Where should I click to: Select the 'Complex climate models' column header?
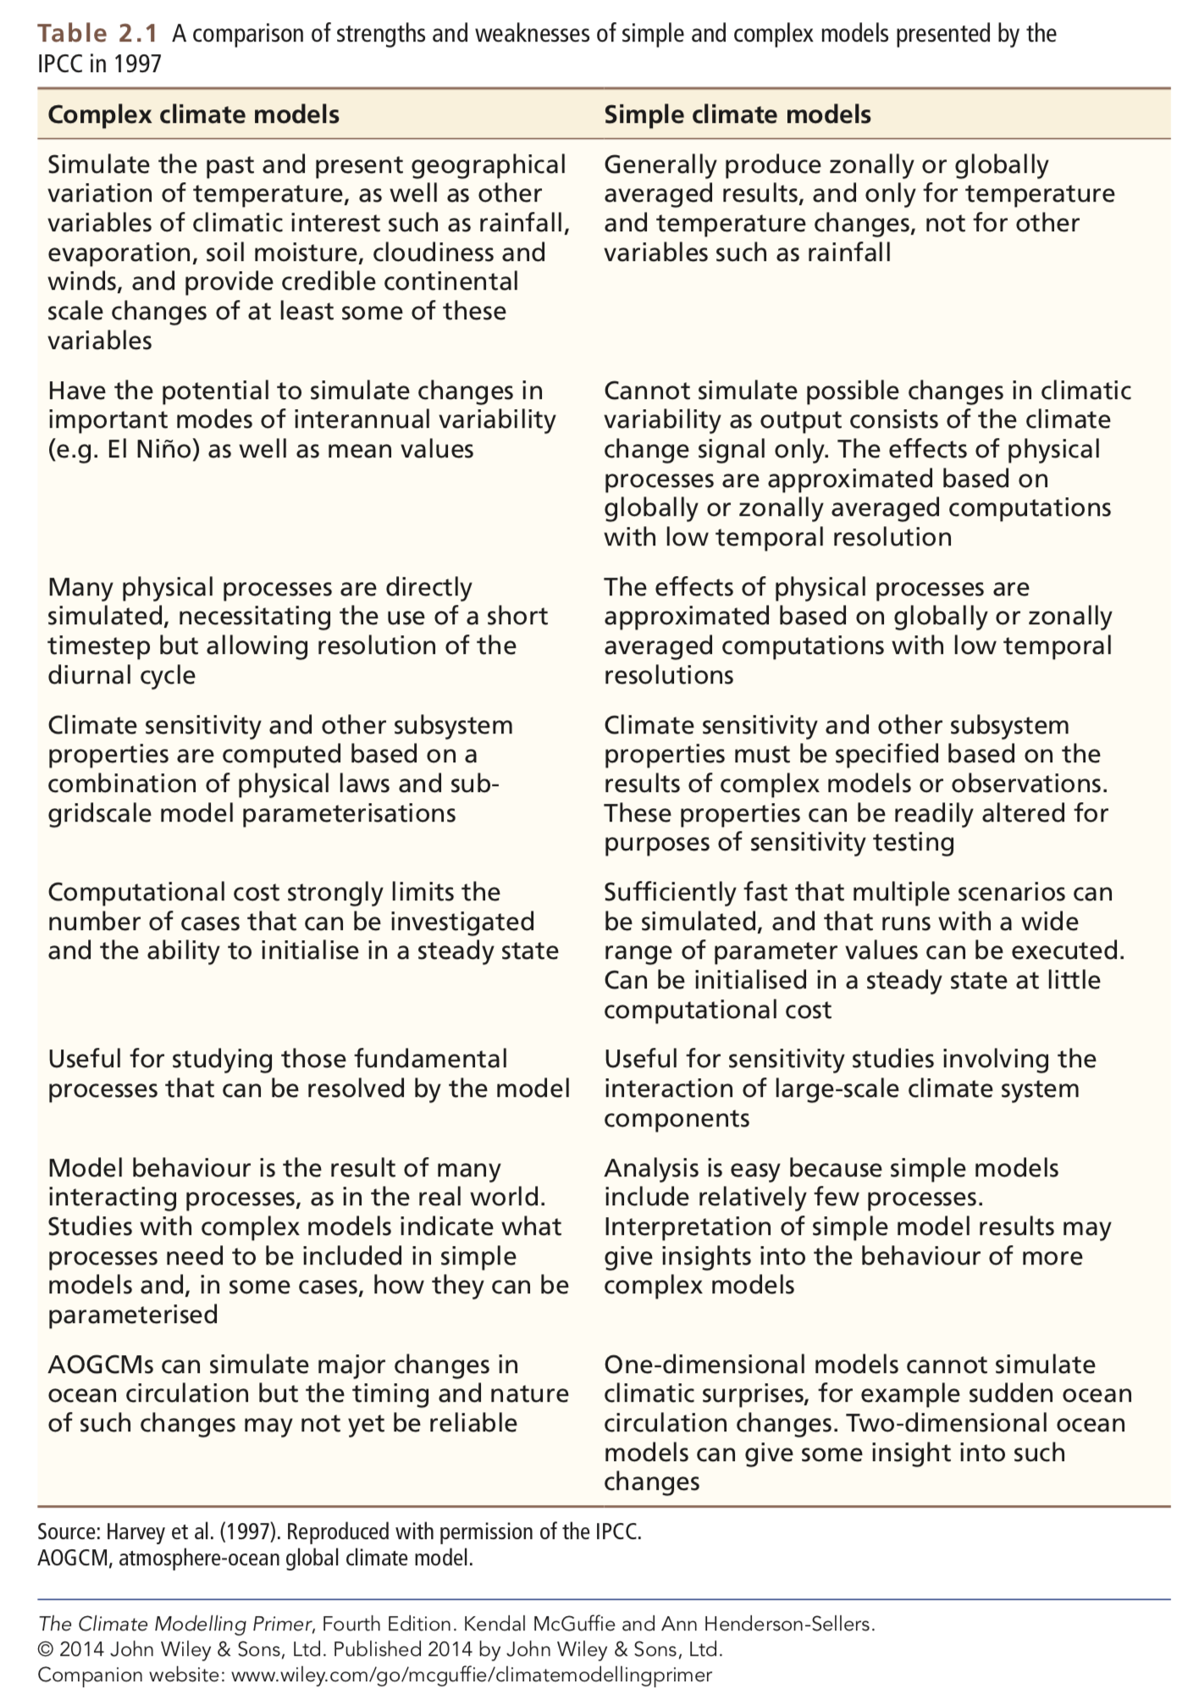coord(193,114)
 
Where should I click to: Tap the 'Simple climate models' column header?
coord(737,114)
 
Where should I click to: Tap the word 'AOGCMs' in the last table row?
coord(101,1364)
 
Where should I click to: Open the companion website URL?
coord(472,1674)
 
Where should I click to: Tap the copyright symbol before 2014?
coord(45,1649)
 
